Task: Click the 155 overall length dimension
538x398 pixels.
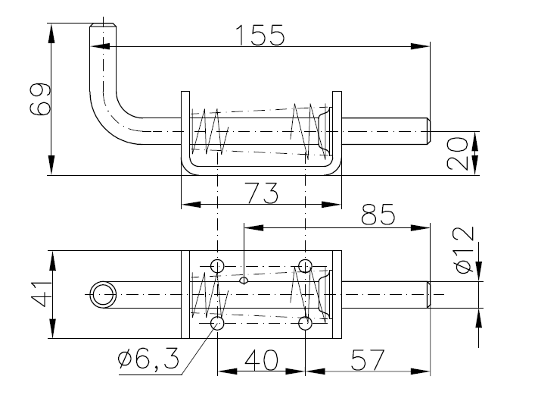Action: click(260, 35)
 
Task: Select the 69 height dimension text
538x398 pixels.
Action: click(40, 99)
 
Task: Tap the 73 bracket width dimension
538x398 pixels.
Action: click(262, 193)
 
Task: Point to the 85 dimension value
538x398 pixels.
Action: click(378, 215)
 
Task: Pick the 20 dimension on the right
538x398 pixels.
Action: click(458, 153)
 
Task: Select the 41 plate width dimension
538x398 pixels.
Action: click(41, 294)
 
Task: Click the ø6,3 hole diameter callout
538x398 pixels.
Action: click(148, 359)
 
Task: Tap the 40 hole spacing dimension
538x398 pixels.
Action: click(261, 360)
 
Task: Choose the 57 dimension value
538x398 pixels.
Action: click(368, 360)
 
